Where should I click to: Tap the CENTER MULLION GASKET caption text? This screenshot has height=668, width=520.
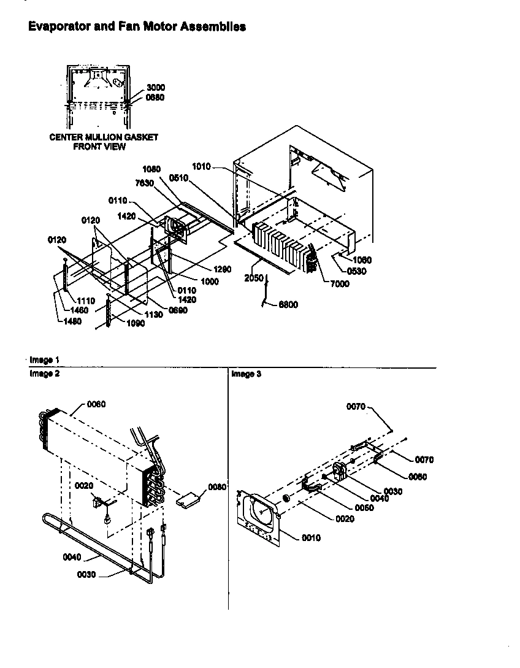tap(104, 137)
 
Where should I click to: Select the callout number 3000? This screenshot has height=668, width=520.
tap(155, 88)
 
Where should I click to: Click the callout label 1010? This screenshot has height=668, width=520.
tap(201, 166)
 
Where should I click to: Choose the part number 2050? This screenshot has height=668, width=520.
tap(254, 278)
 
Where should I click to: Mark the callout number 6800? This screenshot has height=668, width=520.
tap(288, 304)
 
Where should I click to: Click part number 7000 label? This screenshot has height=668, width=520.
tap(340, 284)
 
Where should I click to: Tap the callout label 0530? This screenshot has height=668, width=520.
tap(356, 271)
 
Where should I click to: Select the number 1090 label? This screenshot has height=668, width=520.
tap(136, 324)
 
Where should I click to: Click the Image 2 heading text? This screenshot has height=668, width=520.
tap(44, 374)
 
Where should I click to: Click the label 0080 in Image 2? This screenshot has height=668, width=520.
tap(217, 487)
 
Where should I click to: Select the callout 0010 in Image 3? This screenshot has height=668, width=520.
tap(311, 538)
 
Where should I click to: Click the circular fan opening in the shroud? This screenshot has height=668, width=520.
tap(262, 515)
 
